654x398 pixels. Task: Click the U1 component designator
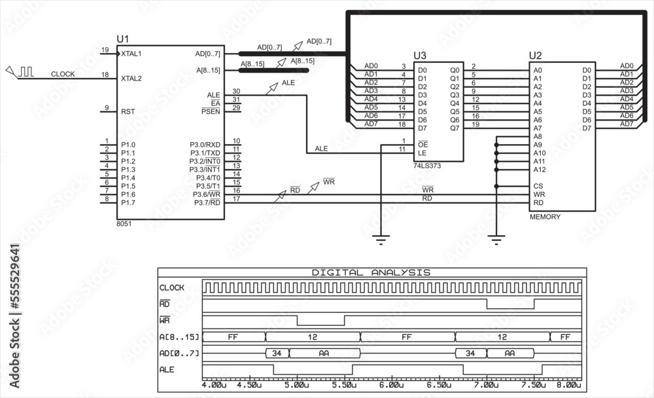click(124, 39)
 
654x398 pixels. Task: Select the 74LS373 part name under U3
click(427, 166)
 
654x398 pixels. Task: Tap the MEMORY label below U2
click(545, 217)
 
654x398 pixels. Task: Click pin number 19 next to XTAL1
click(105, 50)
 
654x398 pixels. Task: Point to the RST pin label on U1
click(128, 112)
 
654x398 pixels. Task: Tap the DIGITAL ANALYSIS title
click(371, 272)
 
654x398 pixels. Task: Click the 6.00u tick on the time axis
click(390, 385)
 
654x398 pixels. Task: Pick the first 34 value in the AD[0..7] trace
click(277, 353)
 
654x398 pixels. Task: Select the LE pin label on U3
click(422, 153)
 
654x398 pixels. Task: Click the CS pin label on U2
click(538, 186)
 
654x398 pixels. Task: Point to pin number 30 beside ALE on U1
click(236, 92)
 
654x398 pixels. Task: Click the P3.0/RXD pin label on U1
click(205, 145)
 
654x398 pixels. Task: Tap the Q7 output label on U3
click(455, 128)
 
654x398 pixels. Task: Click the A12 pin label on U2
click(540, 170)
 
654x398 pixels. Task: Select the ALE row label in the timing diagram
click(167, 370)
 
